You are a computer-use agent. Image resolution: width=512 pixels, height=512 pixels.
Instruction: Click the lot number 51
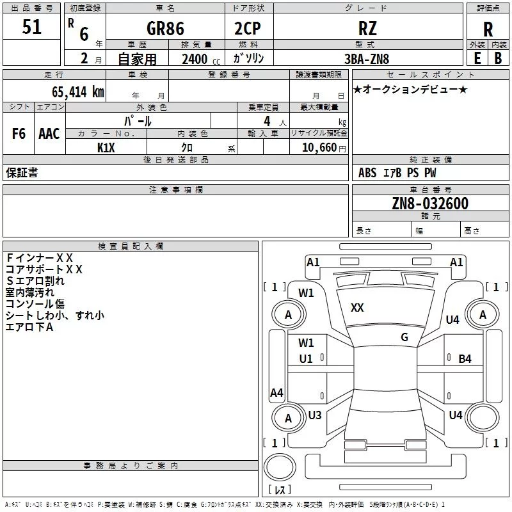(31, 27)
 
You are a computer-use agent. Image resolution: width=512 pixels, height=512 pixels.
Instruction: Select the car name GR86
(165, 28)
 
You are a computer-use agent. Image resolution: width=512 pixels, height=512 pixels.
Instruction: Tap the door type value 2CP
(248, 28)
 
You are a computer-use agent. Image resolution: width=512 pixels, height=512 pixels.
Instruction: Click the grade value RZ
(367, 28)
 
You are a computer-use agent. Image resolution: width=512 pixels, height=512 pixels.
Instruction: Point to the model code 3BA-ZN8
(367, 59)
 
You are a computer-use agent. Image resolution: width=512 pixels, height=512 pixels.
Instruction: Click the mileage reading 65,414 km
(78, 92)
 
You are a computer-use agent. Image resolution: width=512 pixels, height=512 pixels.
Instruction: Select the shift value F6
(19, 134)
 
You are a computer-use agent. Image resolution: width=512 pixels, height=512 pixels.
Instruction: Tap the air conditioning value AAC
(49, 134)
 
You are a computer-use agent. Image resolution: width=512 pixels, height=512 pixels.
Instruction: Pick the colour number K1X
(106, 148)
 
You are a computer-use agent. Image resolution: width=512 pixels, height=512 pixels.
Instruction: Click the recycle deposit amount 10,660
(319, 147)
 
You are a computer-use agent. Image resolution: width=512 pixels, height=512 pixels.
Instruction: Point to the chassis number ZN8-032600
(430, 204)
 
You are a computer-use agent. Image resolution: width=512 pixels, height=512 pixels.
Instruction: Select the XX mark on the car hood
(357, 308)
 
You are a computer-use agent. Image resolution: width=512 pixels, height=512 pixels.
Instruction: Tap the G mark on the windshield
(404, 337)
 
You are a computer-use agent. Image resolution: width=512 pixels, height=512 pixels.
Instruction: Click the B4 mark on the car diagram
(465, 359)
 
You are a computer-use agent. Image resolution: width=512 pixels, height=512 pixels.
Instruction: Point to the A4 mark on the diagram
(276, 392)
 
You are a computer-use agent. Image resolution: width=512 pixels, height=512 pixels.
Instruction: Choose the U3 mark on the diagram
(315, 415)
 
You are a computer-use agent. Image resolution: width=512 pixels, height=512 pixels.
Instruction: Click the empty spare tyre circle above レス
(280, 467)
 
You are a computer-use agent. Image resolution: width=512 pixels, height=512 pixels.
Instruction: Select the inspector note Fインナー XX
(39, 258)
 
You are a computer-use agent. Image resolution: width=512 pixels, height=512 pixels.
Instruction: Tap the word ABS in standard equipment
(367, 173)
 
